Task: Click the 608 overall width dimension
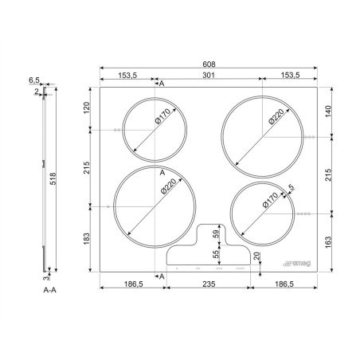pyautogui.click(x=209, y=65)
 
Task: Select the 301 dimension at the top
pyautogui.click(x=209, y=76)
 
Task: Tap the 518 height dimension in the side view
pyautogui.click(x=53, y=178)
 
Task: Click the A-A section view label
pyautogui.click(x=50, y=290)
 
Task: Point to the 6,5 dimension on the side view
pyautogui.click(x=34, y=80)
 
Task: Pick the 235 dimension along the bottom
pyautogui.click(x=209, y=284)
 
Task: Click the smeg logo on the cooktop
pyautogui.click(x=297, y=264)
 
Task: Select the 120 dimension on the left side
pyautogui.click(x=87, y=108)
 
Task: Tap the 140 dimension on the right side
pyautogui.click(x=328, y=112)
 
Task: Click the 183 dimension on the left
pyautogui.click(x=87, y=239)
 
